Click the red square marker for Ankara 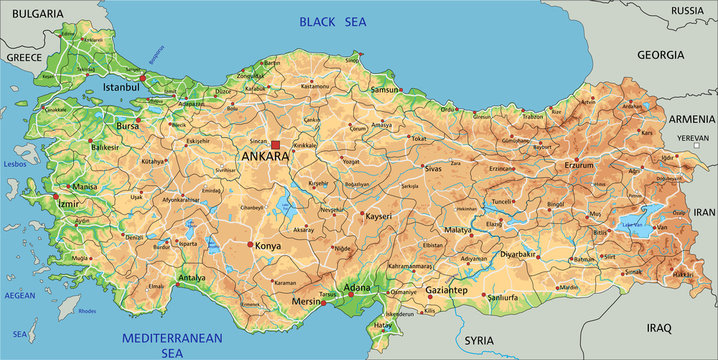point(276,145)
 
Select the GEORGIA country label point(660,55)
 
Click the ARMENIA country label point(691,118)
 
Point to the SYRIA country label point(480,340)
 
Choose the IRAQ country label point(660,327)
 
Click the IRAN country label point(705,212)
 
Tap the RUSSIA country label point(687,11)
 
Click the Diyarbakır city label point(519,254)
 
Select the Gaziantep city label point(446,290)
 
